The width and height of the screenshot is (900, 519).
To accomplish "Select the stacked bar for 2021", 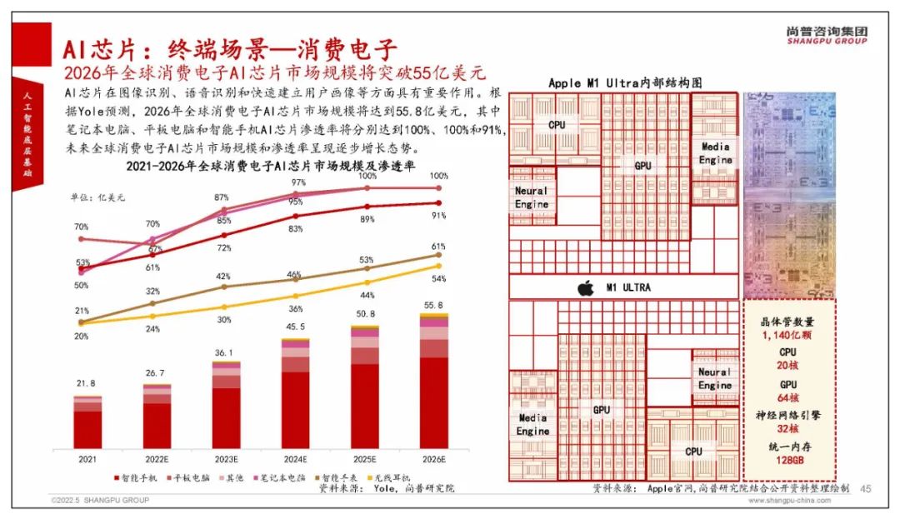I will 87,422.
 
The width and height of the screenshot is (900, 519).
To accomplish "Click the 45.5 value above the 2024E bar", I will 295,327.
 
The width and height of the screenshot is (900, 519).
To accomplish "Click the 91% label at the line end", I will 439,215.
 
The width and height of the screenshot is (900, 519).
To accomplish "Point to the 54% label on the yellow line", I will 439,278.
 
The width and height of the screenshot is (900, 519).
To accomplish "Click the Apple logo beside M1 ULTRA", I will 585,287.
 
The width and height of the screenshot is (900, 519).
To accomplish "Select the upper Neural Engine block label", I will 531,197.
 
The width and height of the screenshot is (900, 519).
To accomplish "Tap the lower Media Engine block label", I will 532,425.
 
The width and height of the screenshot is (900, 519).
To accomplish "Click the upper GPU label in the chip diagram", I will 642,166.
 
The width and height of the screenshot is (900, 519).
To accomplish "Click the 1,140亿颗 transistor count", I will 787,335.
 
